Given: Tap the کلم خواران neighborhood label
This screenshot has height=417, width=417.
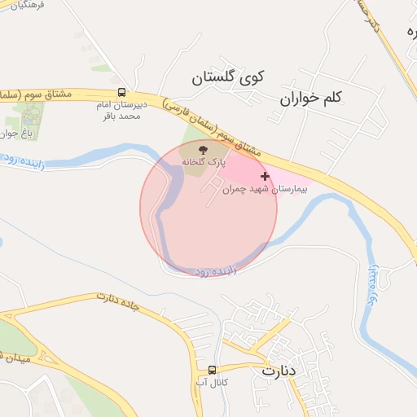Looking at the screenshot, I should (x=311, y=98).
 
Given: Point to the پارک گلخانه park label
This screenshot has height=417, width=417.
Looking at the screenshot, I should (x=203, y=163).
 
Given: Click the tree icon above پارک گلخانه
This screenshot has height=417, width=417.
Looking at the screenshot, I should (x=204, y=150).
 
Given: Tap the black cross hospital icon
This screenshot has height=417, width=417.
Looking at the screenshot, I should (x=265, y=176).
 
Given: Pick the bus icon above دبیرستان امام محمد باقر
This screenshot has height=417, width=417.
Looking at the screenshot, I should (x=121, y=93).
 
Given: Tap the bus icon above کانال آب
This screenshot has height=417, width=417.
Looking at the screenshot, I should (x=212, y=368).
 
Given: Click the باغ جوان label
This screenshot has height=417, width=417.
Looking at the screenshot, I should (x=8, y=133).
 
